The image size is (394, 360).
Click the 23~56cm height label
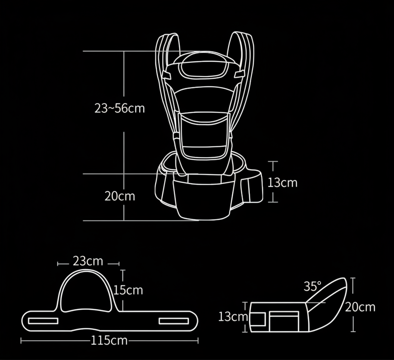pyautogui.click(x=119, y=108)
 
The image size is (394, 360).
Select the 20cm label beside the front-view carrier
pyautogui.click(x=119, y=196)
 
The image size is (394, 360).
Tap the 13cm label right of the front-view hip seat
pyautogui.click(x=283, y=182)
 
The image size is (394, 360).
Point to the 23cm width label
pyautogui.click(x=88, y=261)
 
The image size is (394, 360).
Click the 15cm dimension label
pyautogui.click(x=128, y=290)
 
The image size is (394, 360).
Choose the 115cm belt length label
pyautogui.click(x=109, y=340)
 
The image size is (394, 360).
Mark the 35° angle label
pyautogui.click(x=312, y=287)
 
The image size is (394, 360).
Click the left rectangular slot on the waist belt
pyautogui.click(x=43, y=321)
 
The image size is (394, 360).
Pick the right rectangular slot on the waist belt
pyautogui.click(x=174, y=321)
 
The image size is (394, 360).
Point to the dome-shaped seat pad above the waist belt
pyautogui.click(x=86, y=293)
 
